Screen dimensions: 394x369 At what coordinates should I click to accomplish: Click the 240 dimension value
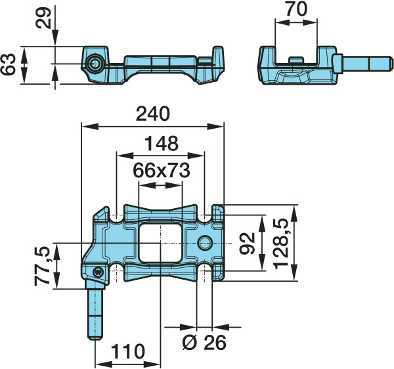153,114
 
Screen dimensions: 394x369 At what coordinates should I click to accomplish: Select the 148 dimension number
162,143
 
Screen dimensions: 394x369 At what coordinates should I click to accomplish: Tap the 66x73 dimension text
162,170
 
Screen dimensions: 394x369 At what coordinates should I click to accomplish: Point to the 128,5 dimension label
281,243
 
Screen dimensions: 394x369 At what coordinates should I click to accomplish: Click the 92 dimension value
247,243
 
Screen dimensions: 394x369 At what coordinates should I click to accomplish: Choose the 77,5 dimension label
42,267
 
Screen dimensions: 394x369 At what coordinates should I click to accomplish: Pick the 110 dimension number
128,351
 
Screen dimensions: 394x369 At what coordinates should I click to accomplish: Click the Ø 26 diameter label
204,342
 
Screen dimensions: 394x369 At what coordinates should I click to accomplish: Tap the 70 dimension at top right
296,9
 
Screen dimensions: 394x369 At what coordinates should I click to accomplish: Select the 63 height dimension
9,64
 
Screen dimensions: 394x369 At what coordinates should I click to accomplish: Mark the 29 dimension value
43,18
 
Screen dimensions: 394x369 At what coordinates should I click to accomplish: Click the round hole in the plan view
205,243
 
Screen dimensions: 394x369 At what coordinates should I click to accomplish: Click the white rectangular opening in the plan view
160,243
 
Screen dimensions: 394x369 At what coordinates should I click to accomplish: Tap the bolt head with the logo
98,272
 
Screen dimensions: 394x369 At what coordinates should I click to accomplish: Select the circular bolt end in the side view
95,64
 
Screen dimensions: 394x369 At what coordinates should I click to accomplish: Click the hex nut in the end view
338,64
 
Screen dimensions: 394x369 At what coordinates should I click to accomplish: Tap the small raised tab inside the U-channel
295,60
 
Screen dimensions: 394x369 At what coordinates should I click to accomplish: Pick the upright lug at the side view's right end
218,56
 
